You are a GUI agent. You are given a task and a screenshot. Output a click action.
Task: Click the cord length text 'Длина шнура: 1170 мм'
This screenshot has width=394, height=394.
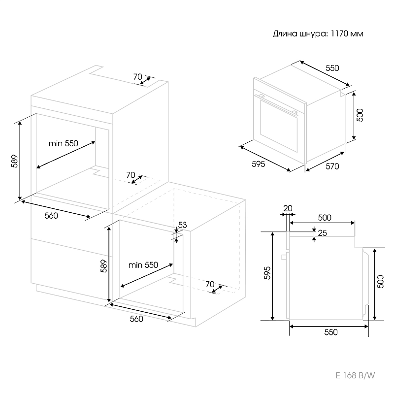318,34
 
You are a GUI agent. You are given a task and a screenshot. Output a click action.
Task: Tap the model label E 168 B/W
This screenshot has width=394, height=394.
355,376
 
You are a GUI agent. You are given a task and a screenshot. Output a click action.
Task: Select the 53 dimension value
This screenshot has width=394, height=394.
182,225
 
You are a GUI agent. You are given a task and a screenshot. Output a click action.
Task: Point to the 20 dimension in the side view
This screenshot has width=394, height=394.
288,208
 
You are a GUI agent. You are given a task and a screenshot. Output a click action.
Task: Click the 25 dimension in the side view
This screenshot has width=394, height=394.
323,233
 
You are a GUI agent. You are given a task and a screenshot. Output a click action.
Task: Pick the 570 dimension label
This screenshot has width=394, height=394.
332,166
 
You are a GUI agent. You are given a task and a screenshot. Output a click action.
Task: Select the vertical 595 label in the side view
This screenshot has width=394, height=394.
266,273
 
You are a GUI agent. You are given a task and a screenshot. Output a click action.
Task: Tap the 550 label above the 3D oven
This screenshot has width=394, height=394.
332,68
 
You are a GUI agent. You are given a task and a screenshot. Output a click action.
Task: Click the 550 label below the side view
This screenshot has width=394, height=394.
331,332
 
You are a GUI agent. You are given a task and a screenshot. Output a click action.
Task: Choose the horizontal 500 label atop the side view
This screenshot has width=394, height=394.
324,217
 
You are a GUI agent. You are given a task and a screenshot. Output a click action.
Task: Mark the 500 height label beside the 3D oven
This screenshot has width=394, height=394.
360,115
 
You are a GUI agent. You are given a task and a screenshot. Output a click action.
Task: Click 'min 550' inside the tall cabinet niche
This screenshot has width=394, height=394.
63,143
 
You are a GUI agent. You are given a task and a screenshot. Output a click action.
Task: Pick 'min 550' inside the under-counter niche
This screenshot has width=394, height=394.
143,265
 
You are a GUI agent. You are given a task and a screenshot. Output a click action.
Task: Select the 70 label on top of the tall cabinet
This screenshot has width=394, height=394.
137,76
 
